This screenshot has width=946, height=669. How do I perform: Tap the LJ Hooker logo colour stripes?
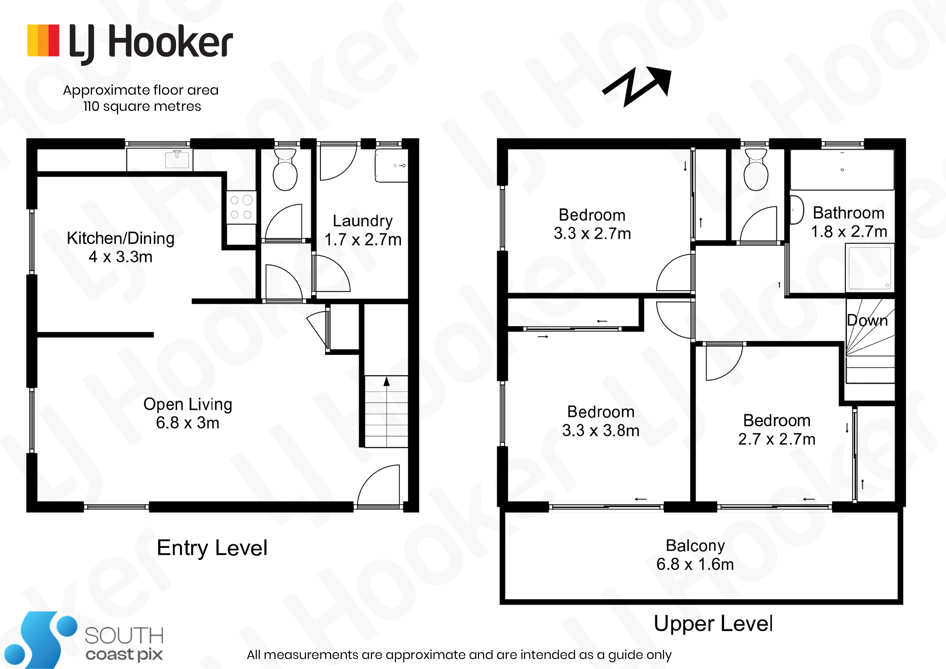point(43,40)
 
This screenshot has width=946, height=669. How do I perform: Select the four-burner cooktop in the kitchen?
point(241,207)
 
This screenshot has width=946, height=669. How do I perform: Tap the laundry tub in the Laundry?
point(391,166)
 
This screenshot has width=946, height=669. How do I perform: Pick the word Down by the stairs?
point(867,320)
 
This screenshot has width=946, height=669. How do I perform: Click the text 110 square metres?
point(142,106)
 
